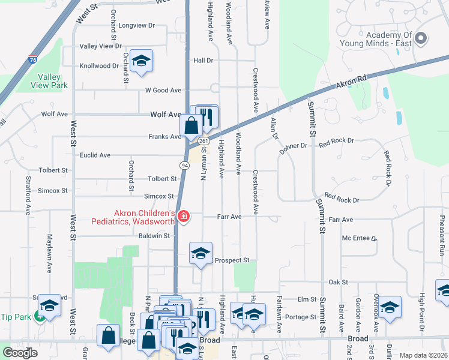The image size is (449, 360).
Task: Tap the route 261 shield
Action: coord(203,141)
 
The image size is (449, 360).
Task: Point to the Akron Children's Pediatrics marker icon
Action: coord(183,216)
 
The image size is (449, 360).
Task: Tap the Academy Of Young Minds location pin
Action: coord(421,38)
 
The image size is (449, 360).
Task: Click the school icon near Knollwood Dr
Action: coord(141,61)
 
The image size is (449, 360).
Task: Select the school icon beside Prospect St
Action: coord(201,253)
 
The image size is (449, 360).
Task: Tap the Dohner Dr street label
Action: coord(293,146)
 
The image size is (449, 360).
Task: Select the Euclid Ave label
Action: coord(95,155)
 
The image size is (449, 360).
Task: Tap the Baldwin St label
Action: coord(154,236)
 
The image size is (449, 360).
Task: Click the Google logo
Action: coord(20,353)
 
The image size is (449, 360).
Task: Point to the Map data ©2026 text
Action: coord(423,355)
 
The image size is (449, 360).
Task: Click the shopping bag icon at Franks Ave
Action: coord(191,126)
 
